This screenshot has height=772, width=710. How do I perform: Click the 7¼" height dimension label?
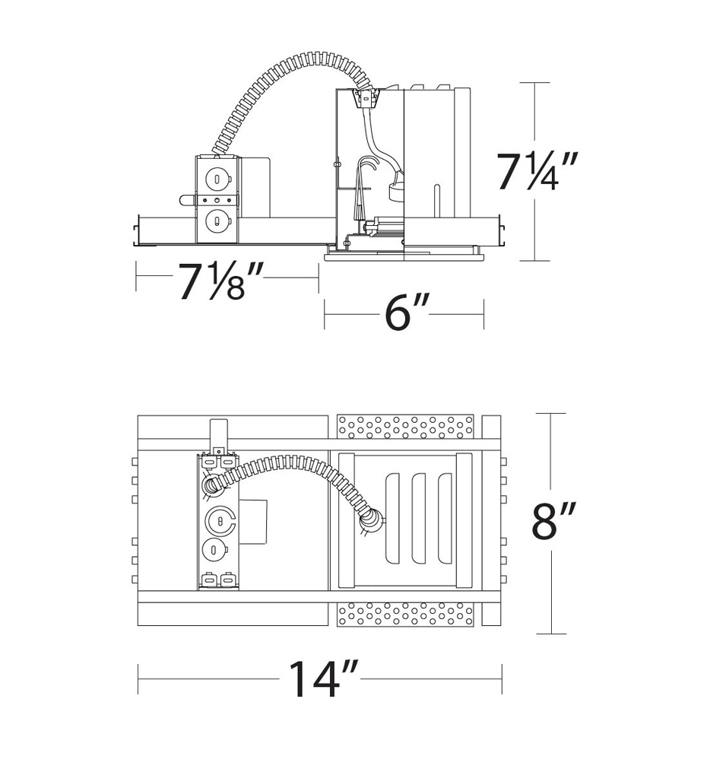tap(537, 171)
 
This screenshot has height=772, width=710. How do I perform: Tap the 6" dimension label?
tap(407, 312)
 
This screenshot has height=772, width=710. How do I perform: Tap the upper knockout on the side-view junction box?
tap(217, 180)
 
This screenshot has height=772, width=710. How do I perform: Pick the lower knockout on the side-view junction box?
tap(217, 222)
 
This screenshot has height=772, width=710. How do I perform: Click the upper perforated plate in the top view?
tap(405, 427)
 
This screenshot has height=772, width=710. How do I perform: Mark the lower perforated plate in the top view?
tap(405, 613)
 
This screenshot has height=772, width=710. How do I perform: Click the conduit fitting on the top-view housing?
tap(370, 520)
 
